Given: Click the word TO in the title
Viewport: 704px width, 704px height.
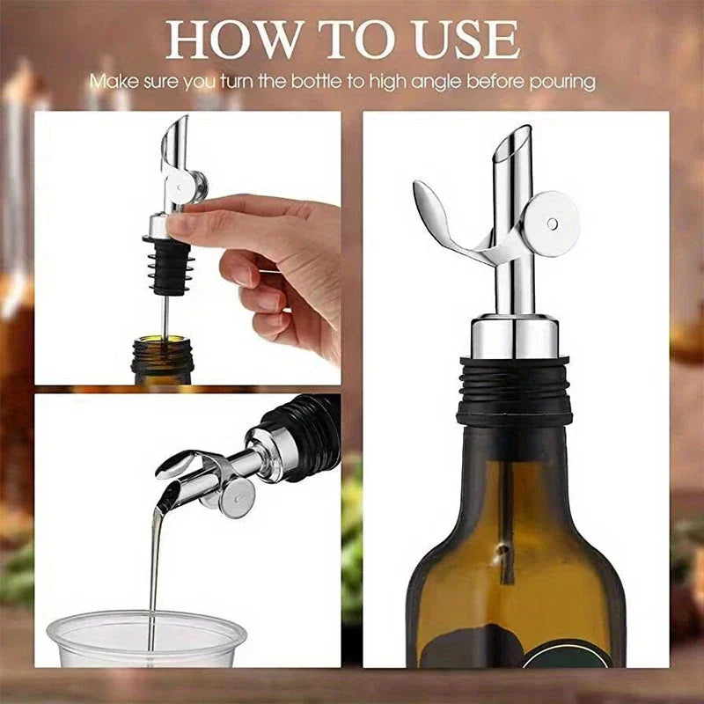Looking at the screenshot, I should click(x=348, y=40).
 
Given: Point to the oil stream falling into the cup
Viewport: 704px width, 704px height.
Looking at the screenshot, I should click(x=156, y=563).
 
